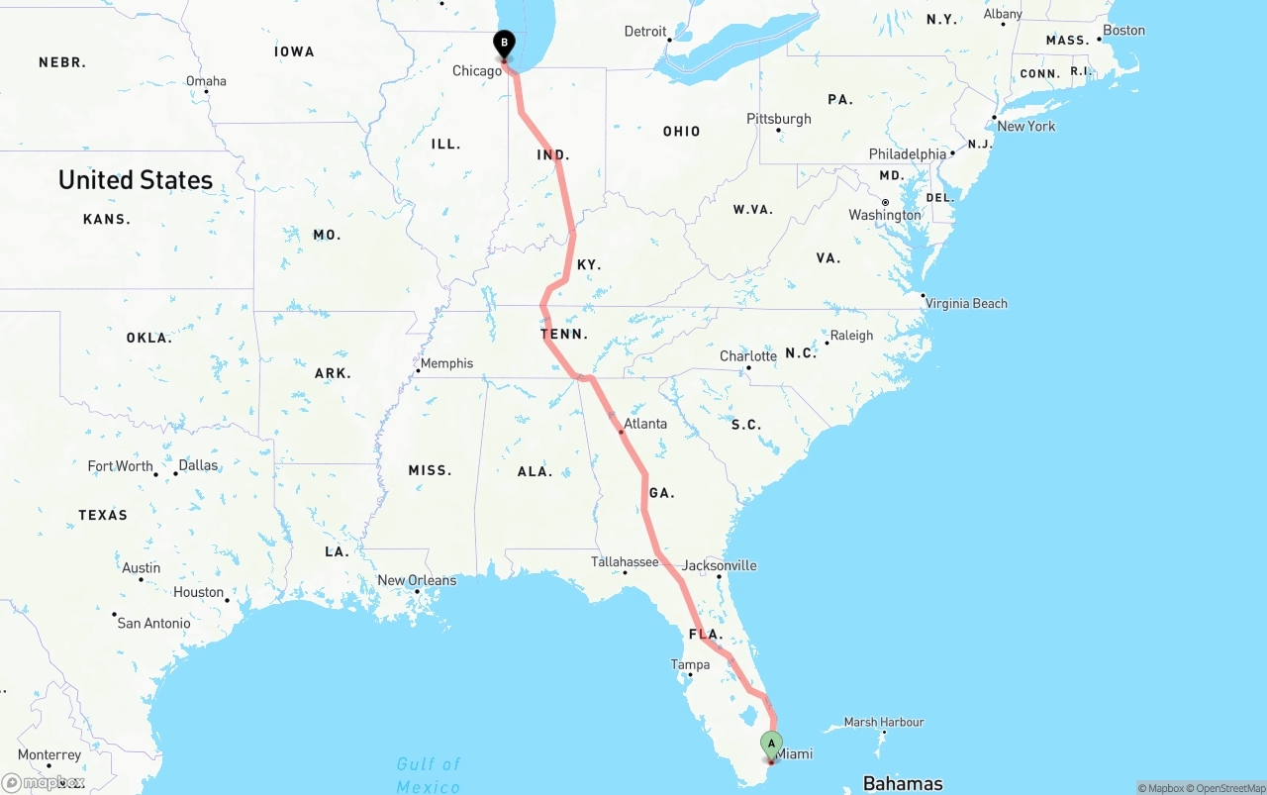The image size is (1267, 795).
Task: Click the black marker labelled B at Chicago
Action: coord(504,44)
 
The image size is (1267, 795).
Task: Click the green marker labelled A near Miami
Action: coord(771,744)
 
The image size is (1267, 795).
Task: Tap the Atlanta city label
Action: coord(645,424)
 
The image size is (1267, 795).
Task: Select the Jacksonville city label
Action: coord(720,565)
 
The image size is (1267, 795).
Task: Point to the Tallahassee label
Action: coord(625,561)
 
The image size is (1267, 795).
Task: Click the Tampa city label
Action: coord(690,664)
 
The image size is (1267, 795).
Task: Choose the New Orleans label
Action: coord(417,580)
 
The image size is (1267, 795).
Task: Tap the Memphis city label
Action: coord(446,363)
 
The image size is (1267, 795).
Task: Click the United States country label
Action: coord(136,180)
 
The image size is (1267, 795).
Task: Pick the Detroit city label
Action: coord(645,32)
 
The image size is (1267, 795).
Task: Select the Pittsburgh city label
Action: coord(779,119)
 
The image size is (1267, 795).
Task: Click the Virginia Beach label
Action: coord(966,303)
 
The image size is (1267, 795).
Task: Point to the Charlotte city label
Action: coord(748,356)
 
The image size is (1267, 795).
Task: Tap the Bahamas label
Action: coord(903,783)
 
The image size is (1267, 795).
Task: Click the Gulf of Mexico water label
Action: coord(429,774)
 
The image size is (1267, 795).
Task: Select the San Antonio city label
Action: coord(153,623)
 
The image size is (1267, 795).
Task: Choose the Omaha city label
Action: coord(206,81)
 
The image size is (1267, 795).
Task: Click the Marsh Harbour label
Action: coord(884,722)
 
